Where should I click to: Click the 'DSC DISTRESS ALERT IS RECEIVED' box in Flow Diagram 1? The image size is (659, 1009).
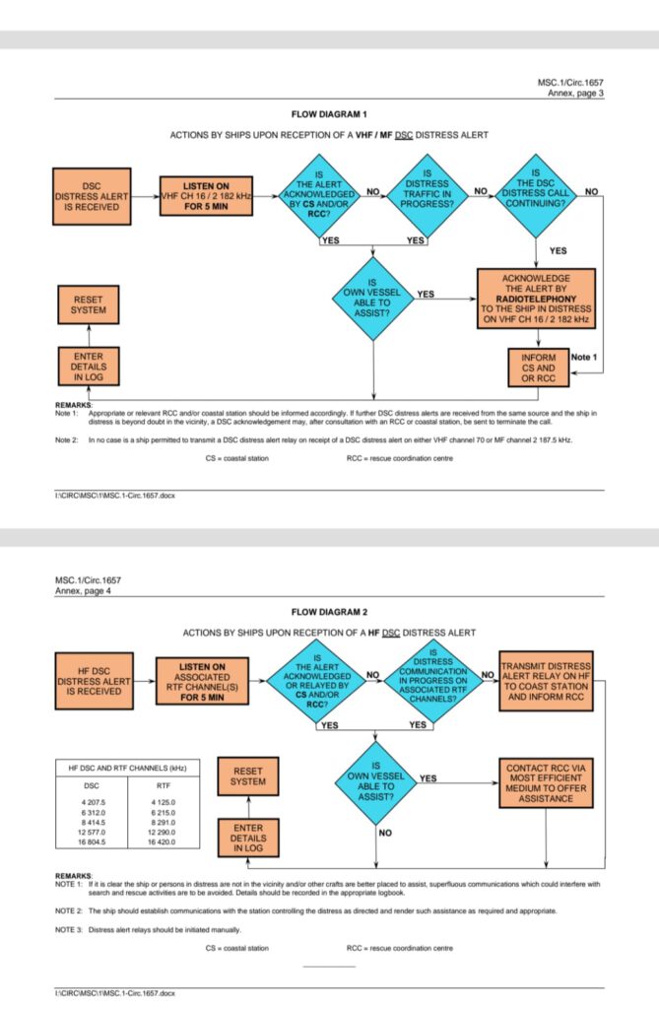pos(92,196)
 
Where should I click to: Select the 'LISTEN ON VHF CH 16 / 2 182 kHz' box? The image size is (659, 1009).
pos(206,196)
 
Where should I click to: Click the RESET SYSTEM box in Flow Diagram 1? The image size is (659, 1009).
pos(89,303)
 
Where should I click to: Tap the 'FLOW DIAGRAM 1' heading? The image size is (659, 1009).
pos(330,115)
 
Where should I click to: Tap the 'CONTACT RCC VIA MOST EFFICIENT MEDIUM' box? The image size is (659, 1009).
pos(547,783)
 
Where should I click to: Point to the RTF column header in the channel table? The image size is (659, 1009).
pos(164,786)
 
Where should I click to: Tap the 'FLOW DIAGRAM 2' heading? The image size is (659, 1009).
pos(330,612)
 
